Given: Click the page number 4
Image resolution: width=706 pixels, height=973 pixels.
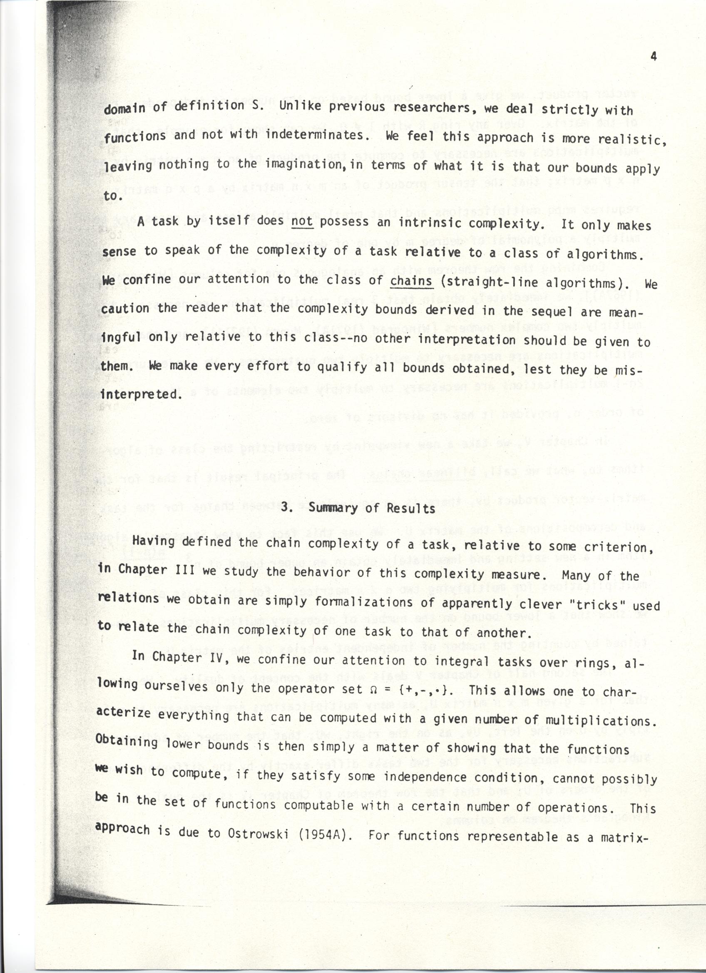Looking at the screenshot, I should [654, 57].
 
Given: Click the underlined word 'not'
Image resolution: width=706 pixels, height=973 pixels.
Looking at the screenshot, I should [302, 221].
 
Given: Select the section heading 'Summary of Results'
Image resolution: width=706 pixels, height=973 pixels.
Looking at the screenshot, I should [372, 508].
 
